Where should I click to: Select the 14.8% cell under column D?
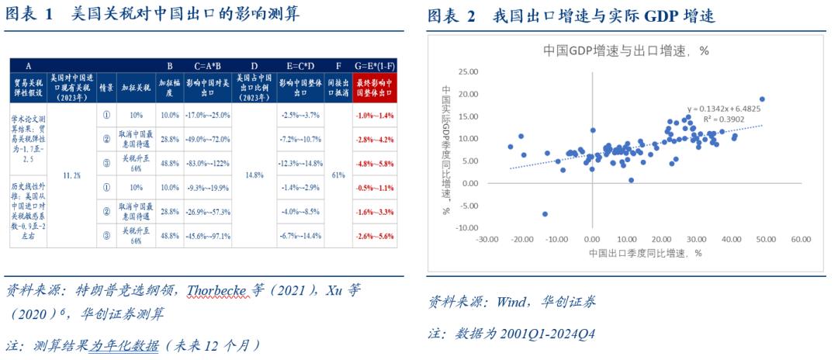point(254,176)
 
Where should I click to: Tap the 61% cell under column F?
point(338,176)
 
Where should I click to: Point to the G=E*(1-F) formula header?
point(374,65)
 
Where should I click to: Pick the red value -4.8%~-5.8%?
point(374,164)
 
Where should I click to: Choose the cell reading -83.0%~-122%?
point(208,164)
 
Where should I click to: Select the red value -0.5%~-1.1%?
point(374,188)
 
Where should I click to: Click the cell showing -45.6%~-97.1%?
point(208,235)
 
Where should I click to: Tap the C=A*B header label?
point(208,65)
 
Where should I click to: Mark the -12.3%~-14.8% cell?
point(299,164)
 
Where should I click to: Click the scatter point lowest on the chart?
point(545,213)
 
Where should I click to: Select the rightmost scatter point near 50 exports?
point(762,99)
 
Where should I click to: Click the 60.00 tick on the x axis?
point(801,240)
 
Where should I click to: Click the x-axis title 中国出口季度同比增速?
point(645,254)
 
